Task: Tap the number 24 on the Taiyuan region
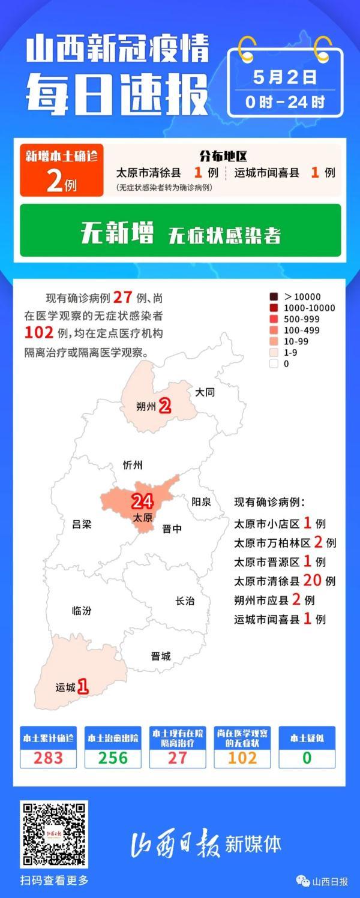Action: (x=142, y=501)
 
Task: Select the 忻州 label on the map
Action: (x=133, y=465)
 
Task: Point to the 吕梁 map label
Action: (x=82, y=524)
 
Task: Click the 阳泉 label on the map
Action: (x=201, y=501)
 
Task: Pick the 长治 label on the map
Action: (x=185, y=601)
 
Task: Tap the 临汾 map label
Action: (x=82, y=611)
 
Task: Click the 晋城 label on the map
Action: (x=161, y=656)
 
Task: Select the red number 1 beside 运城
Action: (x=83, y=686)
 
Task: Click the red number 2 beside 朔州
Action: (x=164, y=407)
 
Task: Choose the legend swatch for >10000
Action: (x=274, y=296)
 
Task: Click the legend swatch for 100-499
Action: (x=274, y=330)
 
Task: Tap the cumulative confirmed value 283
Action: (x=48, y=758)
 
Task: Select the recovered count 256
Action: (x=113, y=758)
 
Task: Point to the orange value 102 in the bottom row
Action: (x=242, y=758)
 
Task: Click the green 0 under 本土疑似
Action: (x=307, y=758)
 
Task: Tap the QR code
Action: (x=54, y=834)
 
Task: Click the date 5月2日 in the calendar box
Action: (x=285, y=78)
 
